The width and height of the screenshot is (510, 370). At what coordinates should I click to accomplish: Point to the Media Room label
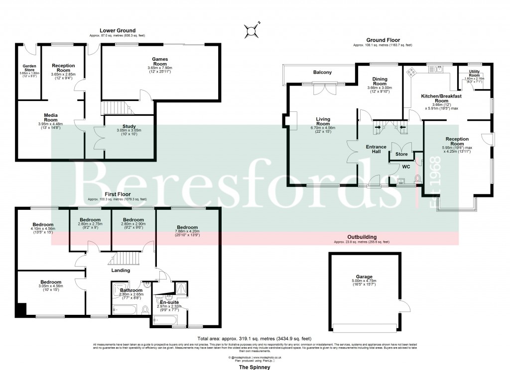[50, 117]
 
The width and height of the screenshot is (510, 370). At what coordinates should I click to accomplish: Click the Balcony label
[322, 73]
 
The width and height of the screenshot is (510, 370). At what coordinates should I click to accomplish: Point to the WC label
[405, 167]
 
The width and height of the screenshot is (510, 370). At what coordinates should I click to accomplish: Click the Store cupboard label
[401, 154]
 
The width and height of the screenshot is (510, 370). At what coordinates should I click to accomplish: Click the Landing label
[120, 271]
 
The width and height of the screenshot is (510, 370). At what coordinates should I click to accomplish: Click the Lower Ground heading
[117, 31]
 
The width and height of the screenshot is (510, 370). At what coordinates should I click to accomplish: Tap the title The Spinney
[255, 367]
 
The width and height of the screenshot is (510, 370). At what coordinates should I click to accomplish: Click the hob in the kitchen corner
[412, 72]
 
